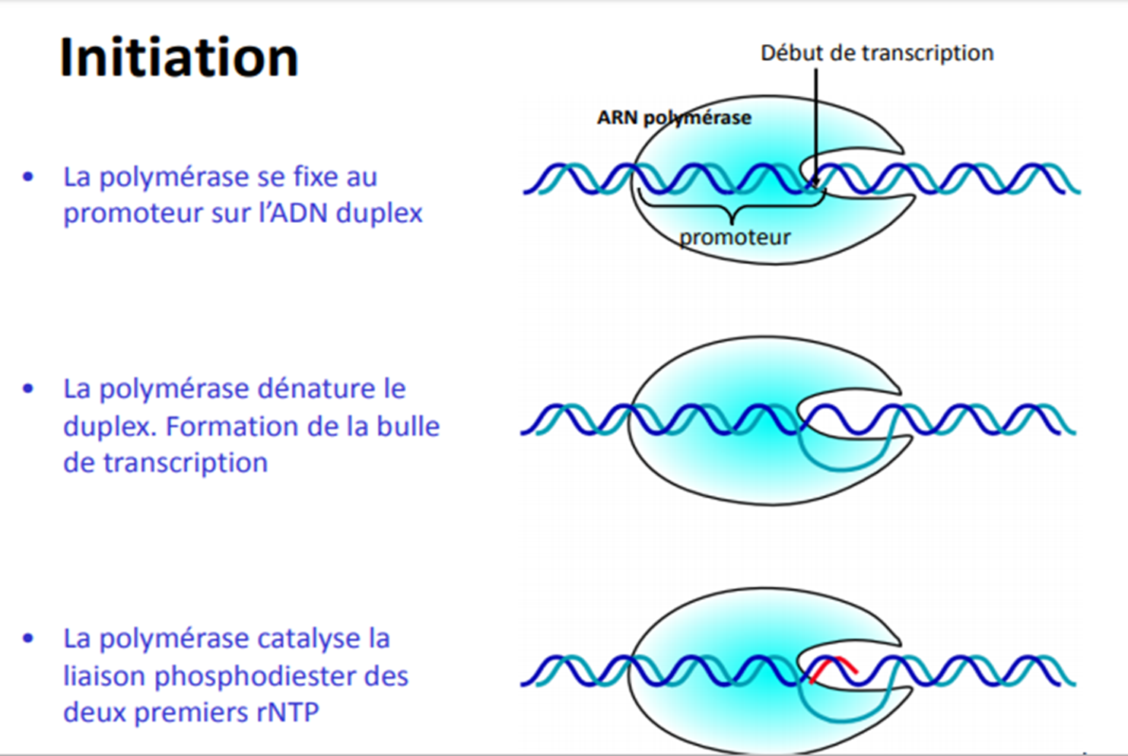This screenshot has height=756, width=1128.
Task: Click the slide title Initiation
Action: tap(180, 57)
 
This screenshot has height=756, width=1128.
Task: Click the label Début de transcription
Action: tap(877, 53)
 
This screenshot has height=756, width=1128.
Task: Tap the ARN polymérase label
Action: tap(674, 118)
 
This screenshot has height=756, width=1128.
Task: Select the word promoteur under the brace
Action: tap(735, 238)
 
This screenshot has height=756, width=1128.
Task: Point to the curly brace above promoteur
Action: tap(732, 208)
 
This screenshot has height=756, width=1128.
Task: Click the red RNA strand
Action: tap(833, 669)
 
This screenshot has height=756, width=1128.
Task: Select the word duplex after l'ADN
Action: tap(380, 214)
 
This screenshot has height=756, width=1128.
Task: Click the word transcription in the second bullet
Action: tap(186, 463)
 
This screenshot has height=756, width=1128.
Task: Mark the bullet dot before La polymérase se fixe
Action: tap(28, 176)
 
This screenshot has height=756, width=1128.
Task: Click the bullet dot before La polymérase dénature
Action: tap(28, 389)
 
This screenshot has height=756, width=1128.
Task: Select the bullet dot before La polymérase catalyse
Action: tap(28, 639)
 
